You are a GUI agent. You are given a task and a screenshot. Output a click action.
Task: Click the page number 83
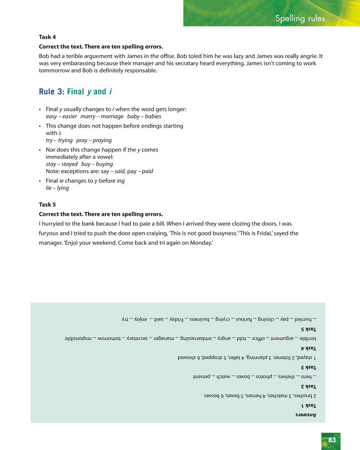point(332,440)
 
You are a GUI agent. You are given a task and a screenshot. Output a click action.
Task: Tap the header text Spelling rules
point(300,18)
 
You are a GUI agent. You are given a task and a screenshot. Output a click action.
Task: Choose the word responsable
point(141,71)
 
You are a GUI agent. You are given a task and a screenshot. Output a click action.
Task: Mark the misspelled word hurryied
point(55,224)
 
